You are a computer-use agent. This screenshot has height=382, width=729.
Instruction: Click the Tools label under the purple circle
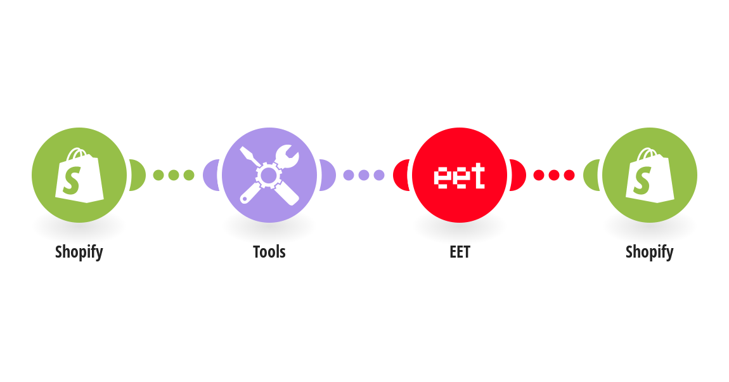point(269,252)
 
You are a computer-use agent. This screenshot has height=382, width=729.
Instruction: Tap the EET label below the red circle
point(460,252)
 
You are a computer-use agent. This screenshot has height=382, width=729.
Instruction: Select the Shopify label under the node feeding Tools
point(79,252)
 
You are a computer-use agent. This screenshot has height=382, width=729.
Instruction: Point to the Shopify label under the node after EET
point(650,252)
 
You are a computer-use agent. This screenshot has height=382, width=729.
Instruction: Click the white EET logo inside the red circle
point(460,176)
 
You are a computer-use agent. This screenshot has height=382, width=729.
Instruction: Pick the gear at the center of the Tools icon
point(269,175)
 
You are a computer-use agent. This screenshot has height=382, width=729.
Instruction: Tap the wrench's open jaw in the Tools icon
point(290,153)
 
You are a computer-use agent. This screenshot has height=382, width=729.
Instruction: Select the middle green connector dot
point(174,175)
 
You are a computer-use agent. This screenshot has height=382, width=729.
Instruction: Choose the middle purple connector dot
point(364,175)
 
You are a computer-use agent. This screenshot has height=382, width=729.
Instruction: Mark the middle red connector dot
point(554,175)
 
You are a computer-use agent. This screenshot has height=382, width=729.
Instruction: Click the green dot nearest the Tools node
point(189,175)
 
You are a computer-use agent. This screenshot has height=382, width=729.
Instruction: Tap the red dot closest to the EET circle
point(538,175)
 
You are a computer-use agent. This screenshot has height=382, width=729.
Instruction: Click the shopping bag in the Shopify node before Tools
point(79,175)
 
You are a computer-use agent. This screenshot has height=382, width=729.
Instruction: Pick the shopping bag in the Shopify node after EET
point(650,175)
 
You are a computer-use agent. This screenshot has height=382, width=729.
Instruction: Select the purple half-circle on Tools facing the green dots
point(210,175)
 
